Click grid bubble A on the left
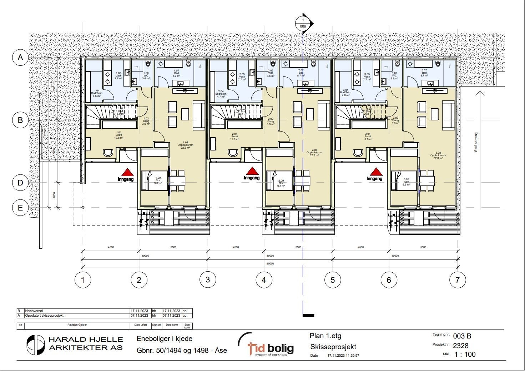point(21,57)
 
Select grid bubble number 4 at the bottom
point(264,280)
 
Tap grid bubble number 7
point(458,280)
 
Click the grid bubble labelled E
point(21,208)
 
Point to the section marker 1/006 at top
point(303,24)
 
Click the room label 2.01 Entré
point(234,136)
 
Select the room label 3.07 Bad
point(424,73)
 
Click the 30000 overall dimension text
point(270,263)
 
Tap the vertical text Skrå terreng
point(476,142)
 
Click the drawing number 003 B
point(462,336)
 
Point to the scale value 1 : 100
point(465,355)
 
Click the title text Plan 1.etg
point(325,336)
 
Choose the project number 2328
point(460,346)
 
